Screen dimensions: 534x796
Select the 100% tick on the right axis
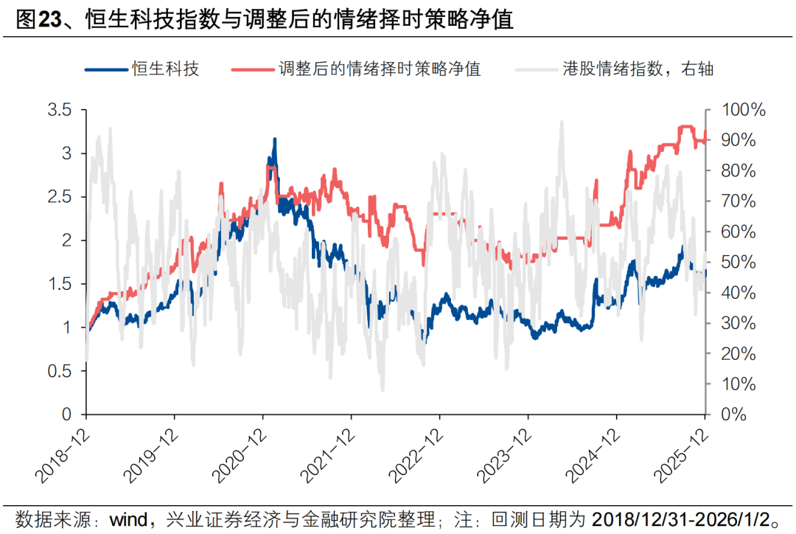point(743,111)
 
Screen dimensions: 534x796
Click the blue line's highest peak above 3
point(275,139)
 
